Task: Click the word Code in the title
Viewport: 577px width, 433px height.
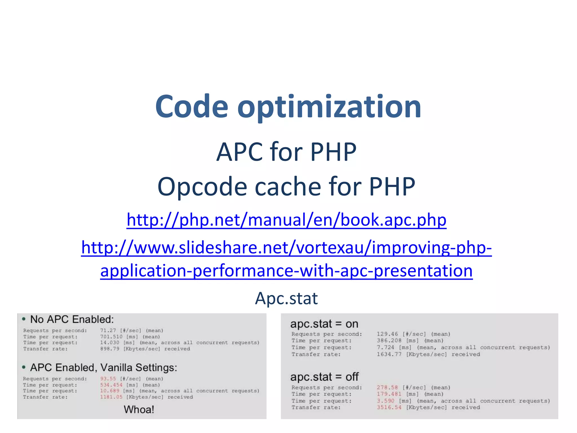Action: (x=192, y=107)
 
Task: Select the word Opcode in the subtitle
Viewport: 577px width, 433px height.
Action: (x=202, y=187)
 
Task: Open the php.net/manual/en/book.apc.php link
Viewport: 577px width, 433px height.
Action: (x=286, y=220)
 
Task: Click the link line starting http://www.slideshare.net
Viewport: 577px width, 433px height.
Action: (x=286, y=247)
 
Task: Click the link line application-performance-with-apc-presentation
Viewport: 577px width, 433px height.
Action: (x=286, y=270)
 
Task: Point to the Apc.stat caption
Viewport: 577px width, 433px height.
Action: (x=286, y=298)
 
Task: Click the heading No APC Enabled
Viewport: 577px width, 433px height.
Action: (x=72, y=319)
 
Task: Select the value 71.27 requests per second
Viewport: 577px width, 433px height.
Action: (x=108, y=330)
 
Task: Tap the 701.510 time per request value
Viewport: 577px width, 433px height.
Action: (x=111, y=337)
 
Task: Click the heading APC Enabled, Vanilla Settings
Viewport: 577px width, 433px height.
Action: (x=103, y=368)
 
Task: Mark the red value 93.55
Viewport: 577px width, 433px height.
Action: (x=108, y=379)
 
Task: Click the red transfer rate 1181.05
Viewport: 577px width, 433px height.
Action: (x=111, y=397)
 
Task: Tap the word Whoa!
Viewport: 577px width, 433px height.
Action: (x=139, y=409)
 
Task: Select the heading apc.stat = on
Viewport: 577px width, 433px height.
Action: (x=324, y=324)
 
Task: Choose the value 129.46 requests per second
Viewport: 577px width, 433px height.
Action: (x=387, y=334)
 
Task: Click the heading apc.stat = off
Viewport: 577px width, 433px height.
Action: (x=324, y=377)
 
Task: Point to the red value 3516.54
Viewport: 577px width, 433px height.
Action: (x=389, y=407)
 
